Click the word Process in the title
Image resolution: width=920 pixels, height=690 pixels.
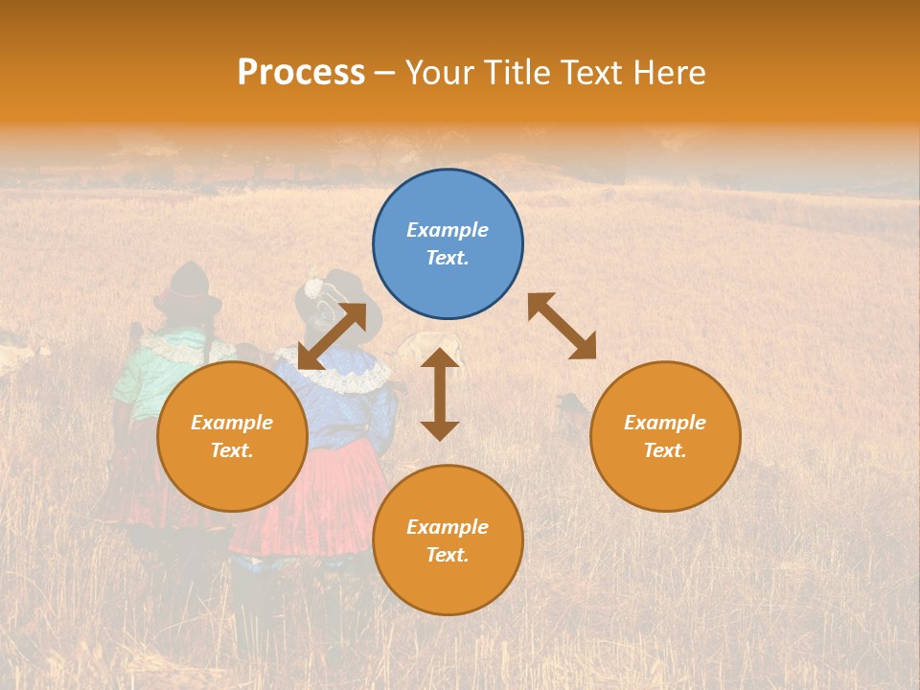coord(301,73)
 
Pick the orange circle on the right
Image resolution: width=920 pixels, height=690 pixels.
coord(665,436)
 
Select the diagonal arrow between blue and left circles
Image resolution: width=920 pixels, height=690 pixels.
coord(332,335)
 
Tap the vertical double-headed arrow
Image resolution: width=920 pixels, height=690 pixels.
coord(440,394)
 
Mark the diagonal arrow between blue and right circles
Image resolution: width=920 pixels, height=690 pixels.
coord(562,326)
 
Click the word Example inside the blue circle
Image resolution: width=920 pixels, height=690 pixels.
coord(448,230)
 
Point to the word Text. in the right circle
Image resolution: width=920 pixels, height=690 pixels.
coord(665,450)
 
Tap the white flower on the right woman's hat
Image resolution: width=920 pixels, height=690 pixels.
coord(313,287)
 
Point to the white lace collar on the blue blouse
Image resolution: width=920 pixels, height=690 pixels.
coord(345,378)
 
